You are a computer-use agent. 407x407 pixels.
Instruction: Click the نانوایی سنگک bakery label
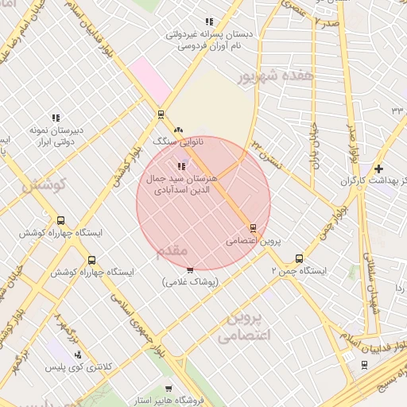(179, 141)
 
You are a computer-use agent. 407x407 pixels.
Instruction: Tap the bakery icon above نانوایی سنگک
(178, 129)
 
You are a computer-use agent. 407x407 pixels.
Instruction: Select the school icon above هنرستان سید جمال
(181, 166)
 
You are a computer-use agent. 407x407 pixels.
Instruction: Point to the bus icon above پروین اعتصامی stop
(253, 227)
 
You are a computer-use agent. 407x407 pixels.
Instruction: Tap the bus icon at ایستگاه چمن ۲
(299, 258)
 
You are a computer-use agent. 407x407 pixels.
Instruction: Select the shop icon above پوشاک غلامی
(190, 270)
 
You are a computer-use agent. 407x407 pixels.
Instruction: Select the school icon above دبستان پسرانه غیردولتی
(209, 22)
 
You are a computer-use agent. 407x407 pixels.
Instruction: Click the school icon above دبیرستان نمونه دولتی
(55, 118)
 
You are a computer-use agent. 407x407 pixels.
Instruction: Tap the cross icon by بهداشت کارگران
(378, 169)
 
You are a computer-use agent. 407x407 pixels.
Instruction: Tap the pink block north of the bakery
(145, 79)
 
